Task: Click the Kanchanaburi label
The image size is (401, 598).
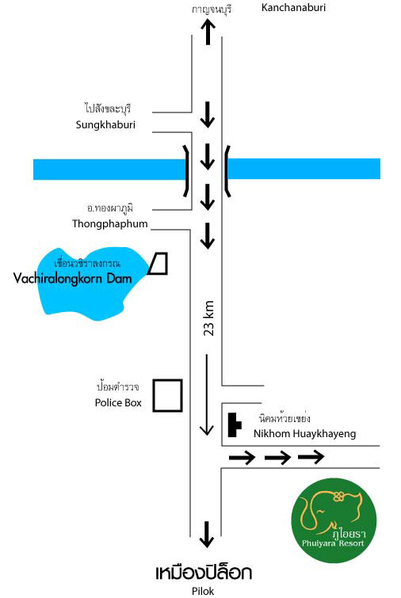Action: coord(293,7)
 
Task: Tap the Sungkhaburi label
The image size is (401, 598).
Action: coord(105,124)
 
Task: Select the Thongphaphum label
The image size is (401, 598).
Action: coord(110,223)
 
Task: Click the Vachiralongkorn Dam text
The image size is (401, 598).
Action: coord(72,278)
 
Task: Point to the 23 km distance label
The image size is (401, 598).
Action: coord(208,318)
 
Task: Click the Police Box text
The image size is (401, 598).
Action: coord(118,402)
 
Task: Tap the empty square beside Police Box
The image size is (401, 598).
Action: coord(167,395)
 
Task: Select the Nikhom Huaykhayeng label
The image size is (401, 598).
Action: coord(304,433)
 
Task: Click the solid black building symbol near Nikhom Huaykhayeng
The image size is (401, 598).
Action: coord(234,425)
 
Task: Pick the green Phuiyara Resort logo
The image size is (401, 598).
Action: coord(334,520)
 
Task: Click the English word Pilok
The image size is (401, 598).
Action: coord(203,591)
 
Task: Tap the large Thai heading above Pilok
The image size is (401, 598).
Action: coord(204,573)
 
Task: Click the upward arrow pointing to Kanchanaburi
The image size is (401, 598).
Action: coord(208,32)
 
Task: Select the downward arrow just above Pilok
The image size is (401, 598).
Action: coord(207,535)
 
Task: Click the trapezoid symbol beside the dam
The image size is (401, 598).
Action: coord(158,264)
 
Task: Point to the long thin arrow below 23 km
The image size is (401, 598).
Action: coord(207,394)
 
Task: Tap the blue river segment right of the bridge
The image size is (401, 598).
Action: coord(304,169)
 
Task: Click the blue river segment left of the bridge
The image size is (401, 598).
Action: coord(110,169)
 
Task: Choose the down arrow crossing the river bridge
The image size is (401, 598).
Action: coord(207,156)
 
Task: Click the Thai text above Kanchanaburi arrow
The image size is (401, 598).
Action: coord(212,10)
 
